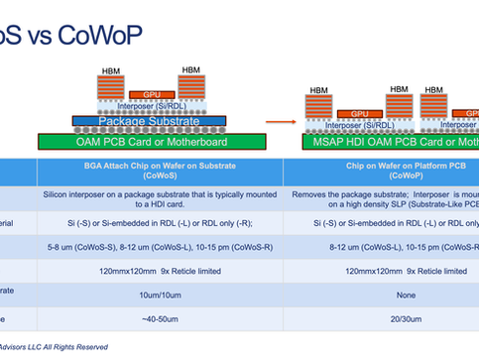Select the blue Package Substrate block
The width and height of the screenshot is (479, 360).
point(145,122)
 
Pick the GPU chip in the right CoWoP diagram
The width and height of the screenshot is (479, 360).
point(352,113)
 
